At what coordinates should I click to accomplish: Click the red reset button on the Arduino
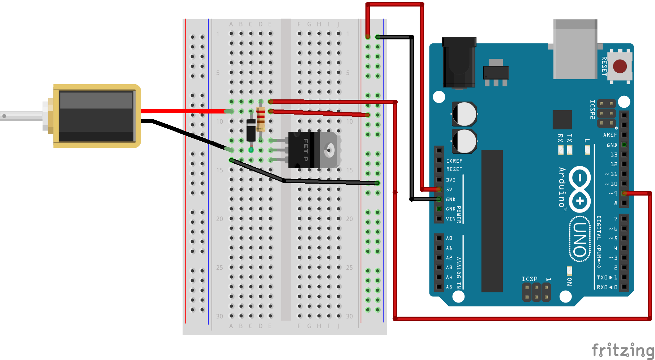click(x=620, y=67)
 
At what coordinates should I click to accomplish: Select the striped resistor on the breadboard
click(x=261, y=119)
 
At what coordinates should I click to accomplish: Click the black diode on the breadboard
click(x=251, y=130)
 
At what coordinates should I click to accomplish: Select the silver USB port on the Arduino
click(x=575, y=49)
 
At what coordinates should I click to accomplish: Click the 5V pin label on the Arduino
click(x=449, y=189)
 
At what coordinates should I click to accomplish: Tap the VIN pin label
click(x=450, y=219)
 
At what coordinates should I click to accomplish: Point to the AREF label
click(x=610, y=135)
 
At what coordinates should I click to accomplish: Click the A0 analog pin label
click(x=449, y=238)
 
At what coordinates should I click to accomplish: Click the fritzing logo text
click(x=622, y=350)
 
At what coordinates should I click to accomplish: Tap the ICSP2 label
click(x=592, y=109)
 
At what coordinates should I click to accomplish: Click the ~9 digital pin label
click(x=613, y=193)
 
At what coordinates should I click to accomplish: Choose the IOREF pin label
click(x=454, y=161)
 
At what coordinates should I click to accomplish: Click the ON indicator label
click(x=569, y=282)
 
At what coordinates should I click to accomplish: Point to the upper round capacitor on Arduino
click(x=464, y=114)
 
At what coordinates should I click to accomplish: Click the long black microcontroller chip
click(x=492, y=220)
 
